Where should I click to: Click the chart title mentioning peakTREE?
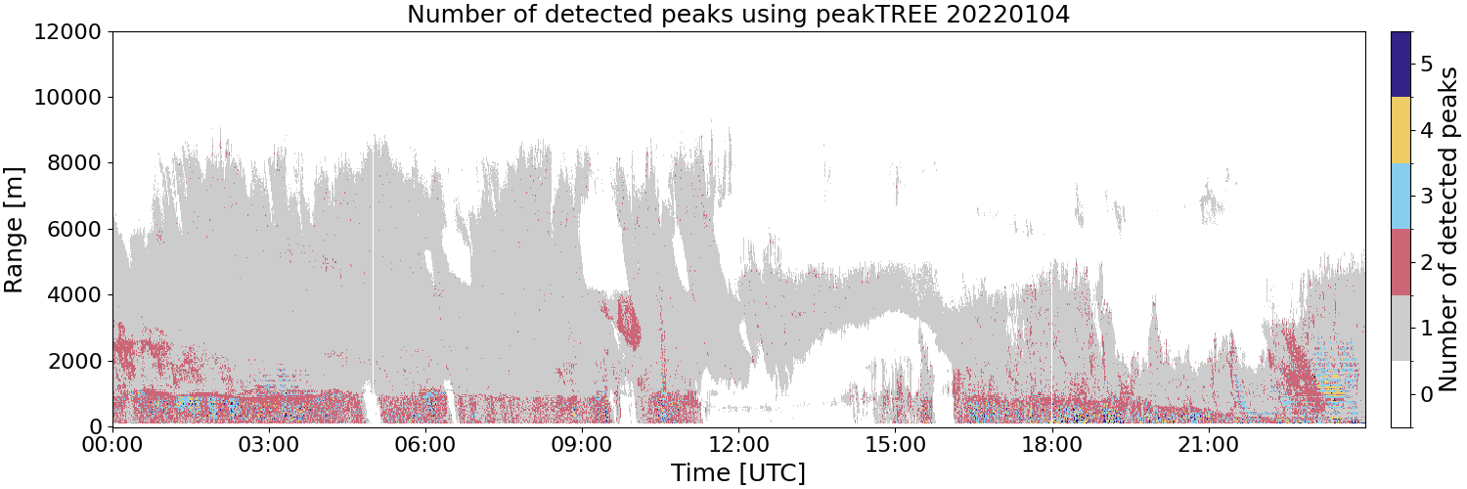tap(738, 14)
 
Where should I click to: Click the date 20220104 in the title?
tap(1007, 13)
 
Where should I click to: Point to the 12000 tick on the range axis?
tap(68, 31)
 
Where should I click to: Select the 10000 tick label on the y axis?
tap(68, 98)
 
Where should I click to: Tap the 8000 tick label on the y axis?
tap(74, 163)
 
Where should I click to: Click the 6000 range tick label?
tap(74, 229)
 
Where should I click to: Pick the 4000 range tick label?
tap(74, 295)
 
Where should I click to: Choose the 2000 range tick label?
tap(74, 361)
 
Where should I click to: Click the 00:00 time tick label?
tap(112, 445)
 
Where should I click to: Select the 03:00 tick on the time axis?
tap(269, 445)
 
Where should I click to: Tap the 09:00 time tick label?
tap(582, 445)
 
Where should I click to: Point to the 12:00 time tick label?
tap(738, 445)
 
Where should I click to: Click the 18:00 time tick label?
tap(1051, 445)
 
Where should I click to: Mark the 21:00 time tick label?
tap(1208, 445)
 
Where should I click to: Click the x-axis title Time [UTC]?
tap(738, 472)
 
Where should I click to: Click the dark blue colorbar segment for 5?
tap(1400, 65)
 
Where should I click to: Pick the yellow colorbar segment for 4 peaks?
tap(1400, 130)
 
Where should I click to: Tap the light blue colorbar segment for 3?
tap(1400, 197)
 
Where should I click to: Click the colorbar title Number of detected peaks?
tap(1449, 230)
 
